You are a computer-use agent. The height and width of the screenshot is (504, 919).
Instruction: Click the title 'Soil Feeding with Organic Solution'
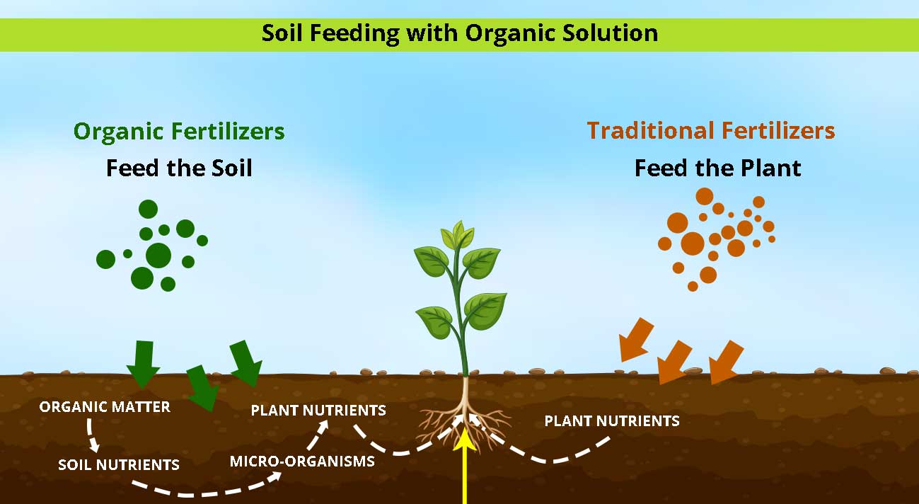click(459, 33)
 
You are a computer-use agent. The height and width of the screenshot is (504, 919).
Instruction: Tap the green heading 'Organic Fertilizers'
click(179, 132)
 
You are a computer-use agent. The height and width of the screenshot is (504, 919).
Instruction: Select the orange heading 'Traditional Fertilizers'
click(710, 131)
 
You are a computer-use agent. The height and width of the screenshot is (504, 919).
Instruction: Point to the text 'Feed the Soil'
click(179, 168)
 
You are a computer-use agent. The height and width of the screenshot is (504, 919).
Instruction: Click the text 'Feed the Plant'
click(717, 168)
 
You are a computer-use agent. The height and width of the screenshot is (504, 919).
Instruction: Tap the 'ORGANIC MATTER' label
click(105, 407)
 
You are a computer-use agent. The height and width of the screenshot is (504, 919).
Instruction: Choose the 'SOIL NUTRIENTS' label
click(118, 465)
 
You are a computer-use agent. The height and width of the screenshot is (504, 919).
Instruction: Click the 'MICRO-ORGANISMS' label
click(302, 462)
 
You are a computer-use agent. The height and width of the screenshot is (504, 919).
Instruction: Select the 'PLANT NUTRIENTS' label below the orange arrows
click(611, 421)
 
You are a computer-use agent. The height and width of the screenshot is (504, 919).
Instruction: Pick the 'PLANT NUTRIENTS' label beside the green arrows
click(318, 410)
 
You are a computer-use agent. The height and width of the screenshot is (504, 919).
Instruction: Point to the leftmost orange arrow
click(637, 338)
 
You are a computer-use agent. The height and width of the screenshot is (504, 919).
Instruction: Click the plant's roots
click(463, 421)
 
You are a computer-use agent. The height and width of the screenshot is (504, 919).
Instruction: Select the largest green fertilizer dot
click(158, 255)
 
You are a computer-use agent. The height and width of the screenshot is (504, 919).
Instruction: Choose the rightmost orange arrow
click(727, 361)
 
